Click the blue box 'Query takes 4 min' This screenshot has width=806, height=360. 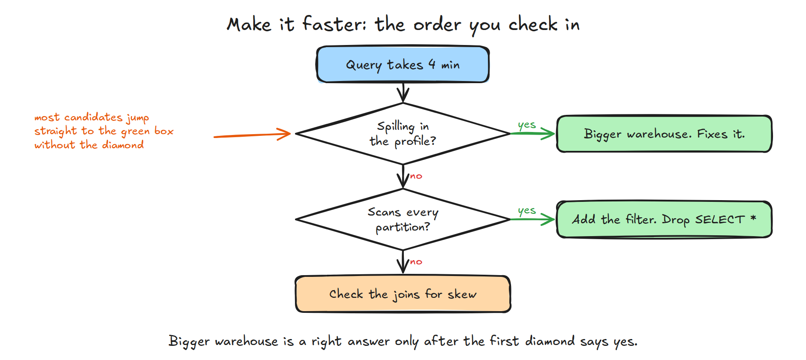[403, 64]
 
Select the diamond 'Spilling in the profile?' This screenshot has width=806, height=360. [403, 134]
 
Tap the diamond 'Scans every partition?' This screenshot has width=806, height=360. [403, 219]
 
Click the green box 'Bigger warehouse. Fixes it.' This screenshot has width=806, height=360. [664, 134]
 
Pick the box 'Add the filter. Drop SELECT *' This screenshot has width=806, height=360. [664, 219]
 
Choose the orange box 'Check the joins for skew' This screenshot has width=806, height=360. [403, 294]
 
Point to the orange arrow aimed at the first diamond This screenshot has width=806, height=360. [252, 135]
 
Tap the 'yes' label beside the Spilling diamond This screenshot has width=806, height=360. [527, 125]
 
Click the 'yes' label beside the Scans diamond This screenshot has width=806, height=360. [527, 211]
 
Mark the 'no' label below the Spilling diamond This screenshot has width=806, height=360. [416, 176]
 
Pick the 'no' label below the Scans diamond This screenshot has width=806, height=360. [416, 262]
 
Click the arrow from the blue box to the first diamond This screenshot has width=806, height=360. [403, 93]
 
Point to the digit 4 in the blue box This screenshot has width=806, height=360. [432, 64]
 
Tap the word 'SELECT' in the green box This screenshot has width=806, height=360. [720, 219]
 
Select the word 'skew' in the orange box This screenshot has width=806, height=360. [462, 294]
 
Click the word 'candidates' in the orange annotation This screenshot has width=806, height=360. [93, 117]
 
